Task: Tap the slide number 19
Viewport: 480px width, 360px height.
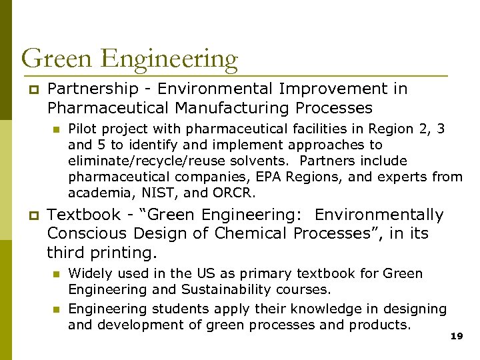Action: [456, 337]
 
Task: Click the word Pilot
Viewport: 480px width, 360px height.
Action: [83, 129]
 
